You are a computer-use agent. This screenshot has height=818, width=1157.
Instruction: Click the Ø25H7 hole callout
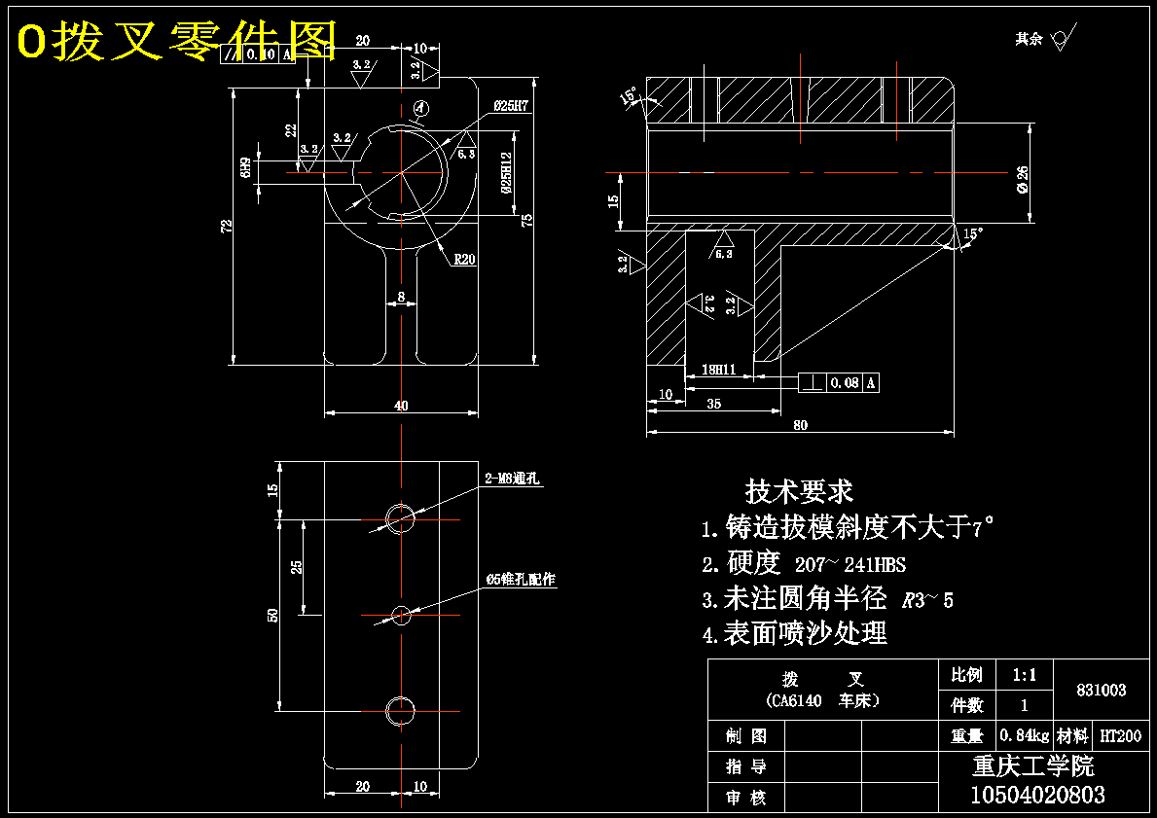(x=510, y=106)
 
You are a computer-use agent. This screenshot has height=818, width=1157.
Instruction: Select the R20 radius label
(x=463, y=260)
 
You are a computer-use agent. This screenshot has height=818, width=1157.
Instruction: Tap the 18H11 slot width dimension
(x=717, y=370)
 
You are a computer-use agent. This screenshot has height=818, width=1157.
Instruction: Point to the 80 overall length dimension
(x=800, y=424)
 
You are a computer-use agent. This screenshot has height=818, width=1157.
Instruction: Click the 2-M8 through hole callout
(x=512, y=479)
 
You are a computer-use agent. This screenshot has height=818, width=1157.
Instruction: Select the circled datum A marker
(x=420, y=109)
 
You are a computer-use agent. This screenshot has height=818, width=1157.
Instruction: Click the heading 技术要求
(x=799, y=490)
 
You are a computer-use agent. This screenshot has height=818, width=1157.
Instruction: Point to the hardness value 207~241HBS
(x=850, y=564)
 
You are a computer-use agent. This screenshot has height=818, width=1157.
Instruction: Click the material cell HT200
(x=1119, y=736)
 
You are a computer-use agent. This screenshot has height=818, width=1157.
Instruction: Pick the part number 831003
(x=1101, y=690)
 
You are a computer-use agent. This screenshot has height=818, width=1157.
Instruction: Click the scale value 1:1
(x=1024, y=674)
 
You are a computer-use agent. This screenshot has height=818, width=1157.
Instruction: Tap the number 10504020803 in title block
(x=1037, y=795)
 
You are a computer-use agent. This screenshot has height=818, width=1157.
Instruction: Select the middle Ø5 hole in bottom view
(x=401, y=614)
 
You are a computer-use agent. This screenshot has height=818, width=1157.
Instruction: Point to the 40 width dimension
(x=401, y=405)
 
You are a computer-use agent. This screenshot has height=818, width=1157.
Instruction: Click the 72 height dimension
(x=227, y=226)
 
